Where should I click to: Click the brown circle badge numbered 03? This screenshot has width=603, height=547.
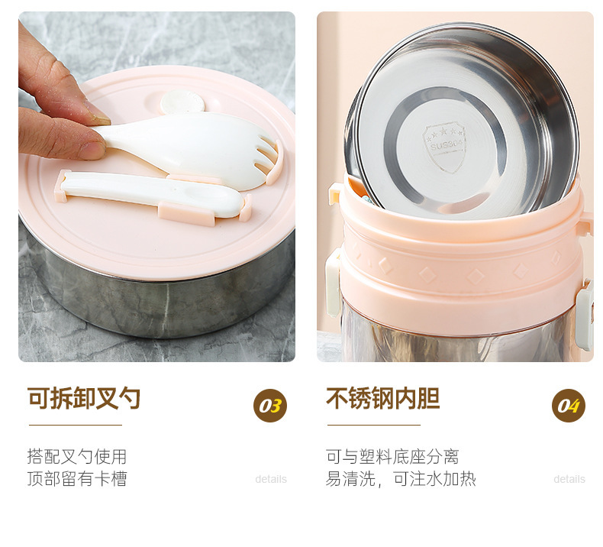270,406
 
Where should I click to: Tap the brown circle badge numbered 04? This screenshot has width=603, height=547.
569,406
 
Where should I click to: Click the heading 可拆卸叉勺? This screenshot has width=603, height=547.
84,397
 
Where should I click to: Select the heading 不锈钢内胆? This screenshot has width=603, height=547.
383,397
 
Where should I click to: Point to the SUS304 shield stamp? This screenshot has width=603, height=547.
445,146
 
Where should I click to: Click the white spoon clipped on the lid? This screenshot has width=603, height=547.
153,193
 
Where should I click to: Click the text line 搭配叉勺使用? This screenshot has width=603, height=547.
77,457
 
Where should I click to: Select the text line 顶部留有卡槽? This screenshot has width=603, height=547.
77,479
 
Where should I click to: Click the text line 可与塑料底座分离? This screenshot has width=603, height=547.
392,457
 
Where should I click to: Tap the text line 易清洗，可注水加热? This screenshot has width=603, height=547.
401,479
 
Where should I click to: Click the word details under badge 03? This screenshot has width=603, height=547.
271,479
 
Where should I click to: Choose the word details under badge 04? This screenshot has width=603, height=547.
569,479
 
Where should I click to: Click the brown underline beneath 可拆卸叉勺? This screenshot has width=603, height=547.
76,425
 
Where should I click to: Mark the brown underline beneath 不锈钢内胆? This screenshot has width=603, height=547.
374,425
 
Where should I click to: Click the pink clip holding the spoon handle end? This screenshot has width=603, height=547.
63,186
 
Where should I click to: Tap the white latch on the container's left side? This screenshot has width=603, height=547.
333,283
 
